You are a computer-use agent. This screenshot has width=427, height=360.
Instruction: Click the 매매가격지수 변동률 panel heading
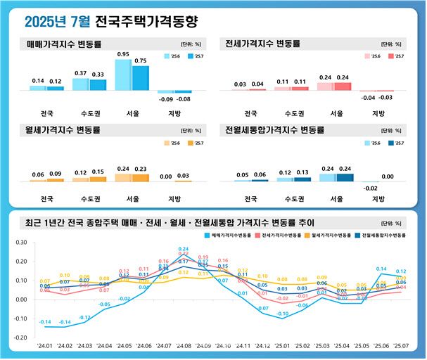tap(63, 44)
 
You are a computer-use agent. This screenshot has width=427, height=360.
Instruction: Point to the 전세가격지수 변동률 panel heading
tap(263, 44)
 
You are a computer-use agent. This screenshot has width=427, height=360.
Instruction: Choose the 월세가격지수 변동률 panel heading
tap(63, 130)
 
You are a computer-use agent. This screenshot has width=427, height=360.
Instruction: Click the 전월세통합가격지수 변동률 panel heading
tap(274, 130)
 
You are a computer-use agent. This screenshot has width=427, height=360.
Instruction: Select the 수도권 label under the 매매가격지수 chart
tap(89, 112)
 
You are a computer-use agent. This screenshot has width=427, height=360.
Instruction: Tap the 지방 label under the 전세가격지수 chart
tap(378, 112)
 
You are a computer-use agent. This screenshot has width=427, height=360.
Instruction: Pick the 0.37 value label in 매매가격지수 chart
tap(80, 73)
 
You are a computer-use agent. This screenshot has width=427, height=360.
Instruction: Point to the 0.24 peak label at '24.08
tap(184, 249)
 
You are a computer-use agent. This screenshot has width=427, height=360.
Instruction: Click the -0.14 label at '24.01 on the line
tap(45, 322)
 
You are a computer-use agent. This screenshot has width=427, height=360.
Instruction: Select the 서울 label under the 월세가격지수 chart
tap(132, 199)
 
